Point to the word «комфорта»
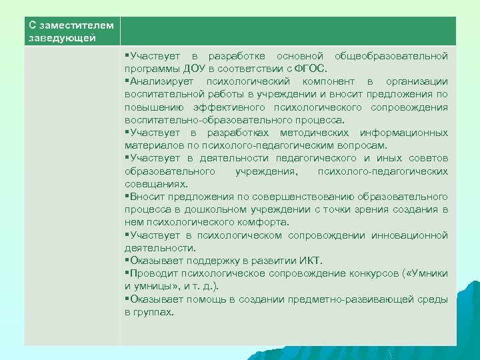click(263, 222)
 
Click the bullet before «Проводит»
click(127, 273)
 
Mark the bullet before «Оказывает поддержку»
click(127, 261)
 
